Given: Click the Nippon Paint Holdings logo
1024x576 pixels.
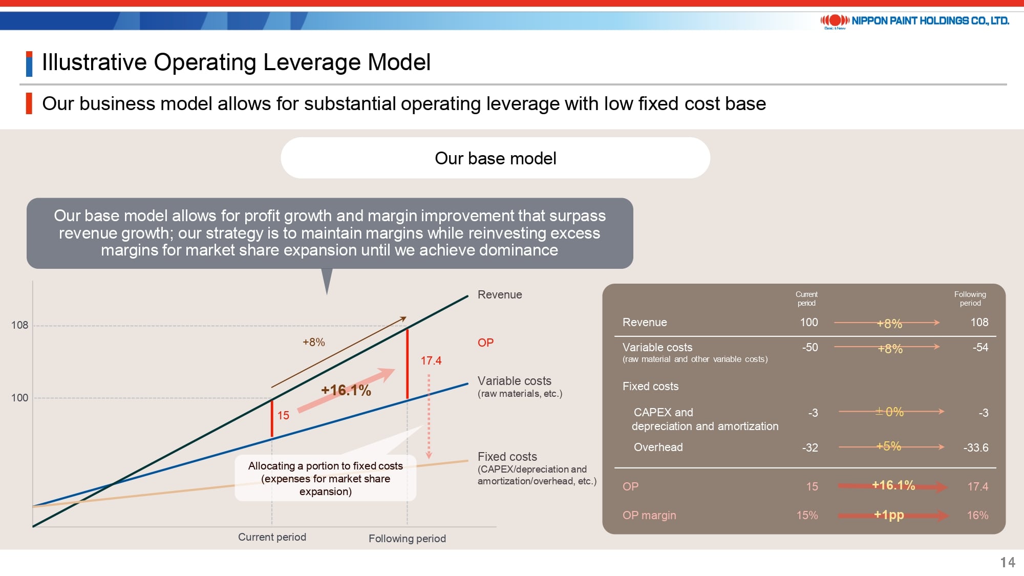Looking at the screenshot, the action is coord(914,21).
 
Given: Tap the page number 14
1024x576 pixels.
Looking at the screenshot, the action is coord(1008,562).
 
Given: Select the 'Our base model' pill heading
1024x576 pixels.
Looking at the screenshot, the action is coord(495,158).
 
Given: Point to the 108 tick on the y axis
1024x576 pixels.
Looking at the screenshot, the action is coord(19,325).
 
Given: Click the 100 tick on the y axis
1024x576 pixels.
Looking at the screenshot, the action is coord(19,398).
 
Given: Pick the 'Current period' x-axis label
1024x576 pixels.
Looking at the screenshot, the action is coord(272,537).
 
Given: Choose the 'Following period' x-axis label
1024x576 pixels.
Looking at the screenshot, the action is coord(407,539).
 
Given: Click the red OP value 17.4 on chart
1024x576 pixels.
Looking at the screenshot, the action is coord(431,360).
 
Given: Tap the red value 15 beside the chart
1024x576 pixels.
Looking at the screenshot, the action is coord(283,415).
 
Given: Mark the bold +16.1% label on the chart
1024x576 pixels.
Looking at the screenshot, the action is coord(346,390).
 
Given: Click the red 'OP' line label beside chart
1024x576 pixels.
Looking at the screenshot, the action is coord(485,343).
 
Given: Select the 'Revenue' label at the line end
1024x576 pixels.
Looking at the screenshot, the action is coord(500,294).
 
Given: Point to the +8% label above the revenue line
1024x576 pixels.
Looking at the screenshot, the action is coord(313,342).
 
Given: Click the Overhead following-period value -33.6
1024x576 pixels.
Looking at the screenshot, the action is coord(976,447).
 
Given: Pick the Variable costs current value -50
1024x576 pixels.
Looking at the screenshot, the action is coord(810,347).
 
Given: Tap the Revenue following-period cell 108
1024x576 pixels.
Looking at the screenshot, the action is coord(979,322).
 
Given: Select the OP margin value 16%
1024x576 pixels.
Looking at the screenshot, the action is coord(977,515).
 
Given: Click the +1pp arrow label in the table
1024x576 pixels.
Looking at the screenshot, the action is coord(889,515).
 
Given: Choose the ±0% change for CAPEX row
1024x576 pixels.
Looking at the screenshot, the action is coord(889,412).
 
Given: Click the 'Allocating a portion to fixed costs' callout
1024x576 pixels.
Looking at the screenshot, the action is coord(326,478).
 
